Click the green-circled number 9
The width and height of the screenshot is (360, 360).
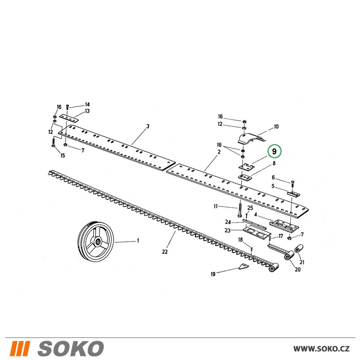pyautogui.click(x=274, y=151)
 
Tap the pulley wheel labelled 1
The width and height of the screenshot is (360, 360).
pyautogui.click(x=96, y=241)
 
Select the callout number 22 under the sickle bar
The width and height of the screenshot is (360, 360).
pyautogui.click(x=165, y=252)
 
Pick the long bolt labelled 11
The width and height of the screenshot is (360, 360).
pyautogui.click(x=240, y=208)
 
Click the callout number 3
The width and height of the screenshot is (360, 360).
pyautogui.click(x=148, y=126)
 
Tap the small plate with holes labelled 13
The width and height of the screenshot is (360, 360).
pyautogui.click(x=69, y=118)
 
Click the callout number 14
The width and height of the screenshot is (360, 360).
pyautogui.click(x=87, y=104)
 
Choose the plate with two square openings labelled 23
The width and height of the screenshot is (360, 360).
pyautogui.click(x=256, y=234)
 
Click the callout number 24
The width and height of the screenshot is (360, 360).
pyautogui.click(x=228, y=222)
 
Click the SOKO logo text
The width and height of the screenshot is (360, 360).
pyautogui.click(x=70, y=348)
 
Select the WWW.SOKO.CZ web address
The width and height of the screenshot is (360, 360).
pyautogui.click(x=321, y=349)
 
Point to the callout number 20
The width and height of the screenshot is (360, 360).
pyautogui.click(x=298, y=269)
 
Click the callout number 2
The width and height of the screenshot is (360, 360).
pyautogui.click(x=219, y=152)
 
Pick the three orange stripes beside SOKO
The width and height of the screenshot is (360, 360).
pyautogui.click(x=20, y=348)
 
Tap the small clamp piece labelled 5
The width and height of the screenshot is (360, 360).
pyautogui.click(x=294, y=194)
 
